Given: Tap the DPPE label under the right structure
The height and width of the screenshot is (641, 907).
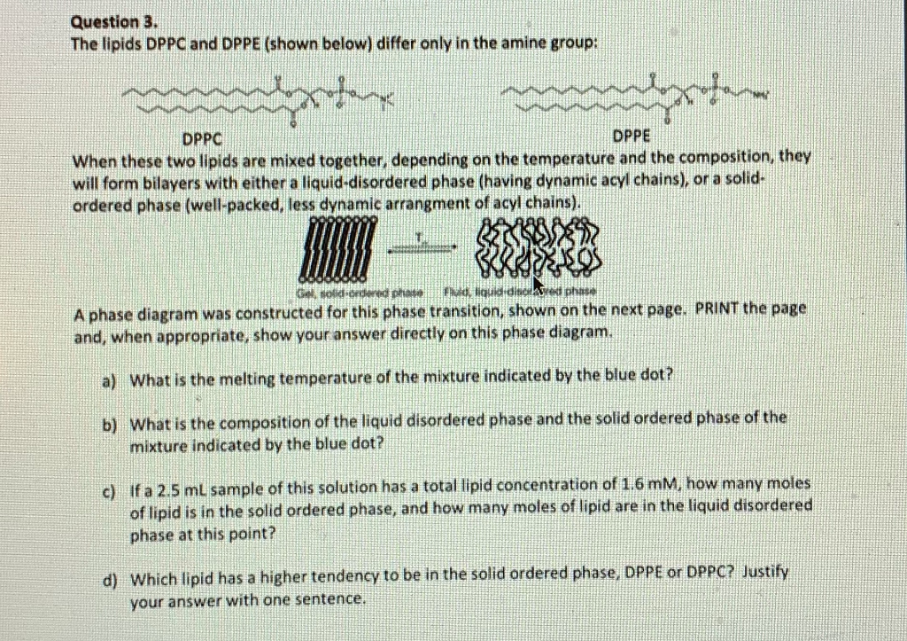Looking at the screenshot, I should click(x=631, y=137).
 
